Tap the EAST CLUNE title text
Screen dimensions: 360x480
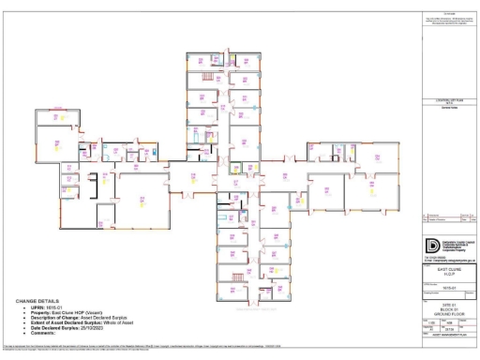click(x=440, y=268)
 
